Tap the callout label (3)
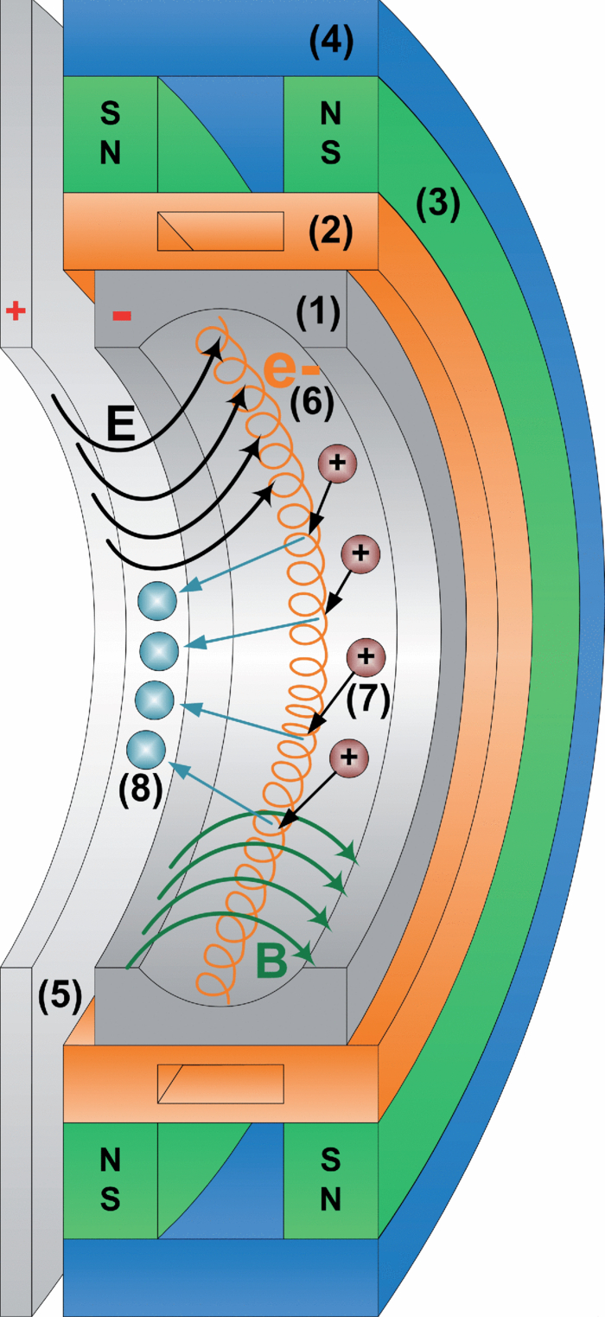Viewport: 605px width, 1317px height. click(437, 205)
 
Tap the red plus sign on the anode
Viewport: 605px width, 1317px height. click(15, 311)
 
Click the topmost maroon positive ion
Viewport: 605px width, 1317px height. click(337, 464)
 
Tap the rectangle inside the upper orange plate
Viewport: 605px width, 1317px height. click(220, 232)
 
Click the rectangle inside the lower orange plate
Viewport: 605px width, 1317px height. click(220, 1083)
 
